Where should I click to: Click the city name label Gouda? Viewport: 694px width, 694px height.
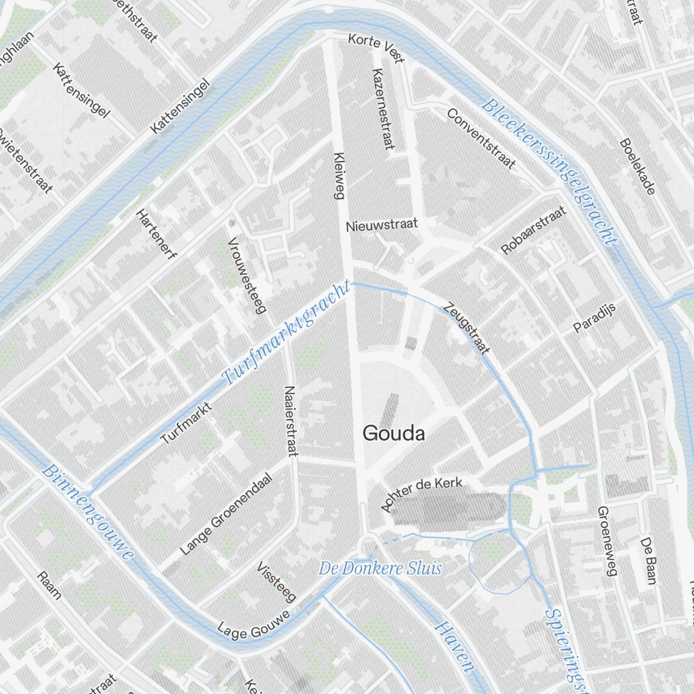(x=393, y=434)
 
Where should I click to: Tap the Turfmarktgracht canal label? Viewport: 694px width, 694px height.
(x=286, y=334)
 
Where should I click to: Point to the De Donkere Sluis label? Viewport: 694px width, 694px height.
(x=380, y=568)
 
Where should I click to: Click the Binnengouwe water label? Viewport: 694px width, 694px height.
(x=87, y=511)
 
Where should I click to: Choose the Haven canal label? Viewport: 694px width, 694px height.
(x=455, y=647)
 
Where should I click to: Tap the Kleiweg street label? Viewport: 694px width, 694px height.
(x=339, y=176)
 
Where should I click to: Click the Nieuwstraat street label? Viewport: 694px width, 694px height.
(x=382, y=225)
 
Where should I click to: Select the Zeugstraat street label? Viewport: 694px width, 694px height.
(x=467, y=328)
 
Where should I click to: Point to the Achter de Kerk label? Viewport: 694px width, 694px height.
(x=421, y=494)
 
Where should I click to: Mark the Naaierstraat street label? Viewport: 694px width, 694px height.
(x=291, y=421)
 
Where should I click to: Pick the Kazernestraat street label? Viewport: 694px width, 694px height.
(x=383, y=109)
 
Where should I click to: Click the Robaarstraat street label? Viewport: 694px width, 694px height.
(x=533, y=230)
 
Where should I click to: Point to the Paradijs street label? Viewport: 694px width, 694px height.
(x=595, y=318)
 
